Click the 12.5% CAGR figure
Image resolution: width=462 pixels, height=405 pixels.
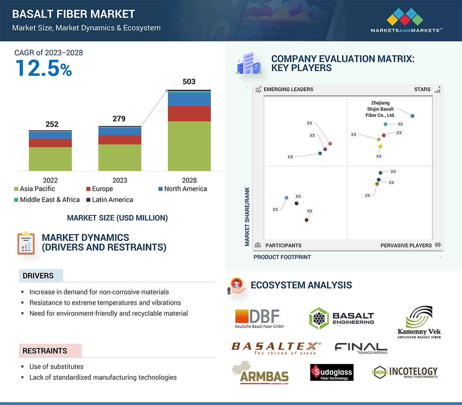[44, 68]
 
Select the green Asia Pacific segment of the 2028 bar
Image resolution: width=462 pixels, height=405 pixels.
[189, 146]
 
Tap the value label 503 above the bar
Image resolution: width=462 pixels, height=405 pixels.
[189, 82]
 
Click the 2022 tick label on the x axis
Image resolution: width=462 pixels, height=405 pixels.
[50, 180]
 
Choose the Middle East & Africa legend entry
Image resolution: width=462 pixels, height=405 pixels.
[47, 200]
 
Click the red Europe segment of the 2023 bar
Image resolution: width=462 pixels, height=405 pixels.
[120, 140]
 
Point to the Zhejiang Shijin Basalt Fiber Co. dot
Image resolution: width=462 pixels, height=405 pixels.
[412, 116]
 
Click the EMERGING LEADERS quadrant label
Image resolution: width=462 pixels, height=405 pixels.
[288, 89]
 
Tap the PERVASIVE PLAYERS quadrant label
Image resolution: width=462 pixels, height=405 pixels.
[406, 246]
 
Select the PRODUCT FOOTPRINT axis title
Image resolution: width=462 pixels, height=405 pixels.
[282, 257]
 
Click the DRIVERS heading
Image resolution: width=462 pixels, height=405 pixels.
[38, 276]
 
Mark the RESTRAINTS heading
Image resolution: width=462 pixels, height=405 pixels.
[45, 351]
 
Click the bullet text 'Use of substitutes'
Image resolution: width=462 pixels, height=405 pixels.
[56, 367]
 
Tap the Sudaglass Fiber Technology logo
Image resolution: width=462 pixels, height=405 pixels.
[332, 372]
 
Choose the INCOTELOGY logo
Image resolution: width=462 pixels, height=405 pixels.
[405, 372]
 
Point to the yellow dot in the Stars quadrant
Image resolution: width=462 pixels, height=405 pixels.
[380, 146]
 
